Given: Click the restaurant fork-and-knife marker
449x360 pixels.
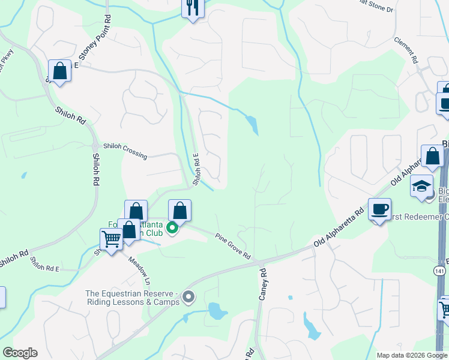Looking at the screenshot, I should (x=193, y=8).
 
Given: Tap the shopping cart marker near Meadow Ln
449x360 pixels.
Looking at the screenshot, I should (x=112, y=239).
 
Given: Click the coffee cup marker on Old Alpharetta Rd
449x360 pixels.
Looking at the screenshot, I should (x=379, y=209).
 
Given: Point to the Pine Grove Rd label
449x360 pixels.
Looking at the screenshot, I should (x=234, y=247).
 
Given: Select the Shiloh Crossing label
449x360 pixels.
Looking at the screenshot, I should (x=125, y=150).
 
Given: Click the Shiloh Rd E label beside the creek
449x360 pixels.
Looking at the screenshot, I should (x=196, y=169).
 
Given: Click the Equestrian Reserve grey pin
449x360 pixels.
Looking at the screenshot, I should (x=189, y=297).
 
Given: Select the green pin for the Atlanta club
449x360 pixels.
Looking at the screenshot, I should (x=173, y=228).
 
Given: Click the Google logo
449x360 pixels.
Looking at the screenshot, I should (x=20, y=353).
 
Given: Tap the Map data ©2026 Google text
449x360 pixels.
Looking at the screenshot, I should (x=411, y=355).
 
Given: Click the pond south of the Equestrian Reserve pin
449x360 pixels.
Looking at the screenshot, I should (x=217, y=311).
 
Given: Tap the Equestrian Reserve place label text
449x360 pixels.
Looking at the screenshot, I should (x=133, y=298).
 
